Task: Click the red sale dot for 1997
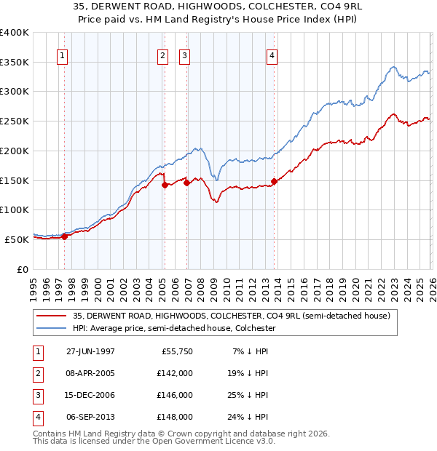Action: coord(65,236)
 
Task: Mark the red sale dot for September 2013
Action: coord(274,181)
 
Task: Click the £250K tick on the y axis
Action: coord(15,121)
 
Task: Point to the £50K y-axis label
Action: coord(17,239)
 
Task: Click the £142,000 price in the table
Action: coord(176,372)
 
